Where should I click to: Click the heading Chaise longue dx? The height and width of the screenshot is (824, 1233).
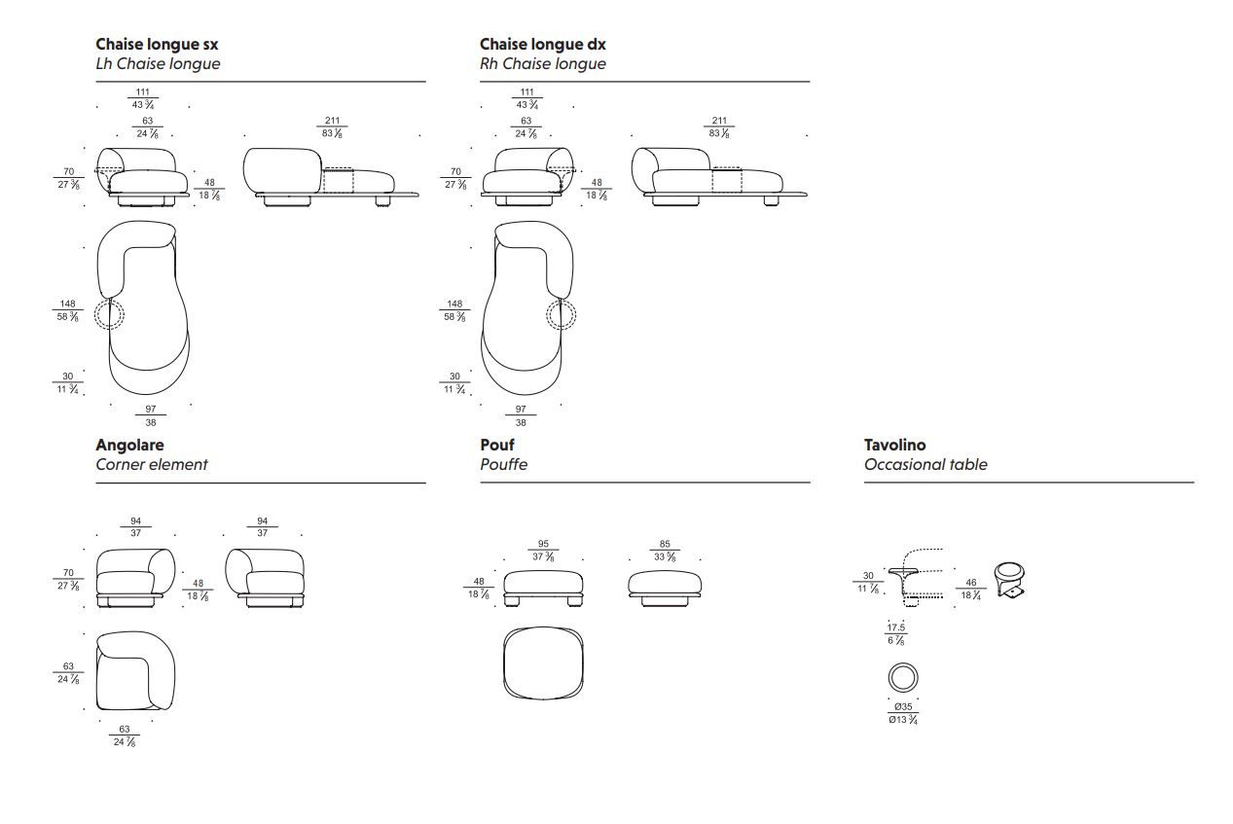point(542,44)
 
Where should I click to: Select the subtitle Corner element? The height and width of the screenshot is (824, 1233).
point(151,464)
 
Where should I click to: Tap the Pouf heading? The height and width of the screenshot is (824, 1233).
point(496,445)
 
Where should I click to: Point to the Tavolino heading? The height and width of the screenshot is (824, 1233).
point(894,445)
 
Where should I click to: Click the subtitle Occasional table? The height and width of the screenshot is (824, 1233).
point(925,464)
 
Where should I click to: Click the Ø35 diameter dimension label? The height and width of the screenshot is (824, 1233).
point(903,706)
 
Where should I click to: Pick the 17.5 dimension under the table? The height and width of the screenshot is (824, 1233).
point(895,627)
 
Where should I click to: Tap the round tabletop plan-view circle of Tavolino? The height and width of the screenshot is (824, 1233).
point(902,677)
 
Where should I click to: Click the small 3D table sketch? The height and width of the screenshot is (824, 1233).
point(1010,580)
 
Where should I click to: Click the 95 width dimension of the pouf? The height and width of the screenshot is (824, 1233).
point(543,545)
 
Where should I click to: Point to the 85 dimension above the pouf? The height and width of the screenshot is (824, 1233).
point(665,545)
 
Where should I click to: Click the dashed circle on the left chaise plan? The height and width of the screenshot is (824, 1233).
point(109,314)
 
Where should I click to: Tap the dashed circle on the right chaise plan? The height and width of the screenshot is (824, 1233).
point(561,314)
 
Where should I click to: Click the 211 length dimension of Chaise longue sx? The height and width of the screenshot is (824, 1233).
point(332,121)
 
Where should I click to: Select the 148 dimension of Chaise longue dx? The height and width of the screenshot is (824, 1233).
point(454,304)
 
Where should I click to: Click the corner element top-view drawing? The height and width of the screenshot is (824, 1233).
point(135,670)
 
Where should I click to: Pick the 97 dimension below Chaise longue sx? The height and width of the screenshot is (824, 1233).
point(150,410)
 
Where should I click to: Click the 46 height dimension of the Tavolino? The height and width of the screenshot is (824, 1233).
point(970,583)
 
